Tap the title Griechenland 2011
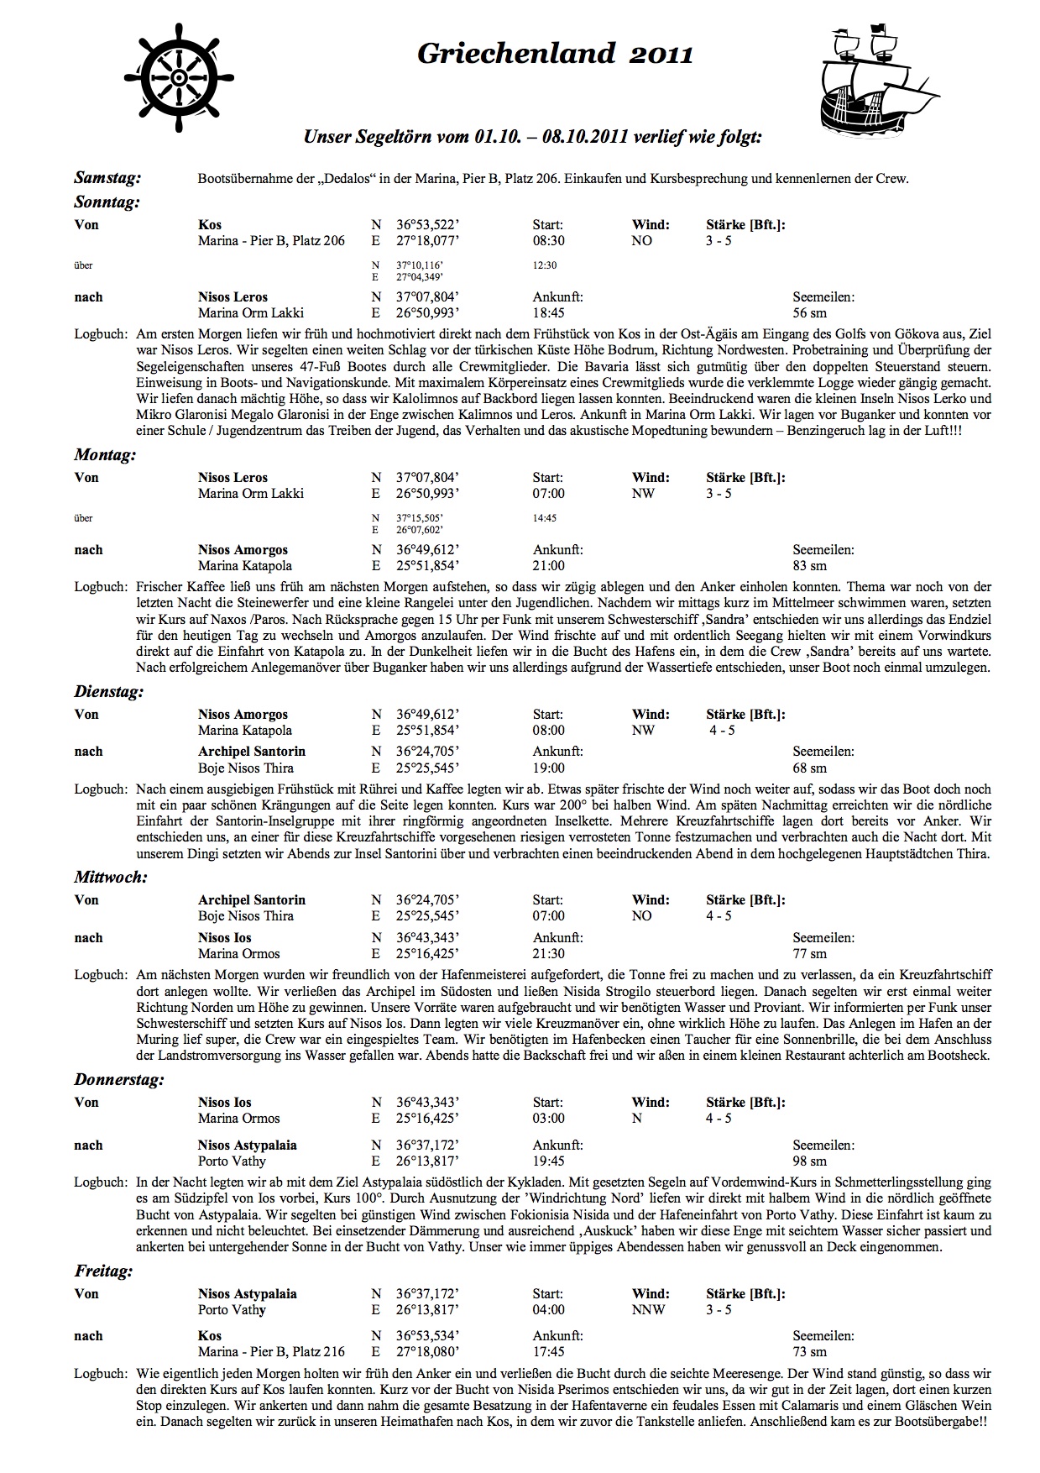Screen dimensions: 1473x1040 555,55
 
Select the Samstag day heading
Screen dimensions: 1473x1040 107,178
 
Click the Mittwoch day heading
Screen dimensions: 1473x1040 110,878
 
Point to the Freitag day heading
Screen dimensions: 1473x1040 103,1271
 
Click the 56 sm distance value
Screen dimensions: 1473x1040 809,313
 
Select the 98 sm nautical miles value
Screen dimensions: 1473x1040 809,1161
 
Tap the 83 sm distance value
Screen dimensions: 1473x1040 809,566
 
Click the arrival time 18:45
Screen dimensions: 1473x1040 548,313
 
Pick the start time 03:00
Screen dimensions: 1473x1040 548,1119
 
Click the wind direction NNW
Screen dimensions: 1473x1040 648,1310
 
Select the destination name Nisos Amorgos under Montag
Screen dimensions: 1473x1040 243,550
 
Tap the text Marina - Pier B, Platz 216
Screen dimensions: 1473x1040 271,1352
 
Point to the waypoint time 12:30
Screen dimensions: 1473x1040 544,265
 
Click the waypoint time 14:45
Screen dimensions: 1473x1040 544,518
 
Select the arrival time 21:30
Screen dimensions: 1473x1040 548,954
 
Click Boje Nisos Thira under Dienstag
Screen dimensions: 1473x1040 246,768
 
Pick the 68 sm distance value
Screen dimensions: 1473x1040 809,768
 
